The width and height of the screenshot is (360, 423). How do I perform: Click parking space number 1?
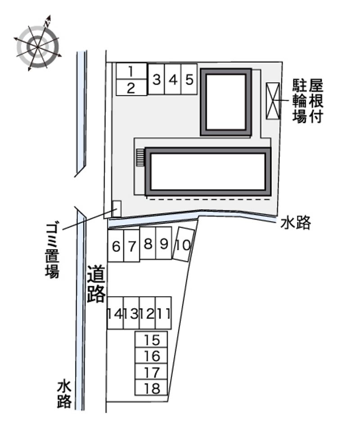pos(131,71)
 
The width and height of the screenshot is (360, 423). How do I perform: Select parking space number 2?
pos(131,87)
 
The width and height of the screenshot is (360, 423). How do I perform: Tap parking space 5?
pos(189,79)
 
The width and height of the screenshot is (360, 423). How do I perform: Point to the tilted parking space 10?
pos(184,244)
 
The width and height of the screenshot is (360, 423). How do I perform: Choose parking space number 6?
pos(116,246)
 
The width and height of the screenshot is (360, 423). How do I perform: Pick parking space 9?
pos(163,243)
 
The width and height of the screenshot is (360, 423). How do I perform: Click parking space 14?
pos(116,313)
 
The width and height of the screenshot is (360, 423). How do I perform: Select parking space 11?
pos(163,313)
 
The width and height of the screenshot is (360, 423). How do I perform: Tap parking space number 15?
pos(151,340)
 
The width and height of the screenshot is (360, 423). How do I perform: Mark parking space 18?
pos(151,387)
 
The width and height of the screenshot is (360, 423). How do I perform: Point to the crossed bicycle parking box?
pos(273,101)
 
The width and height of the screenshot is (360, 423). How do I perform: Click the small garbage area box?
pos(117,208)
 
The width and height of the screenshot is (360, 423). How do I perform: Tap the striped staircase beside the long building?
pos(140,158)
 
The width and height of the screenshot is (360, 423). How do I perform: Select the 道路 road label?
pos(96,284)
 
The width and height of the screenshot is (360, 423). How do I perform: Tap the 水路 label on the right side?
pos(296,223)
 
